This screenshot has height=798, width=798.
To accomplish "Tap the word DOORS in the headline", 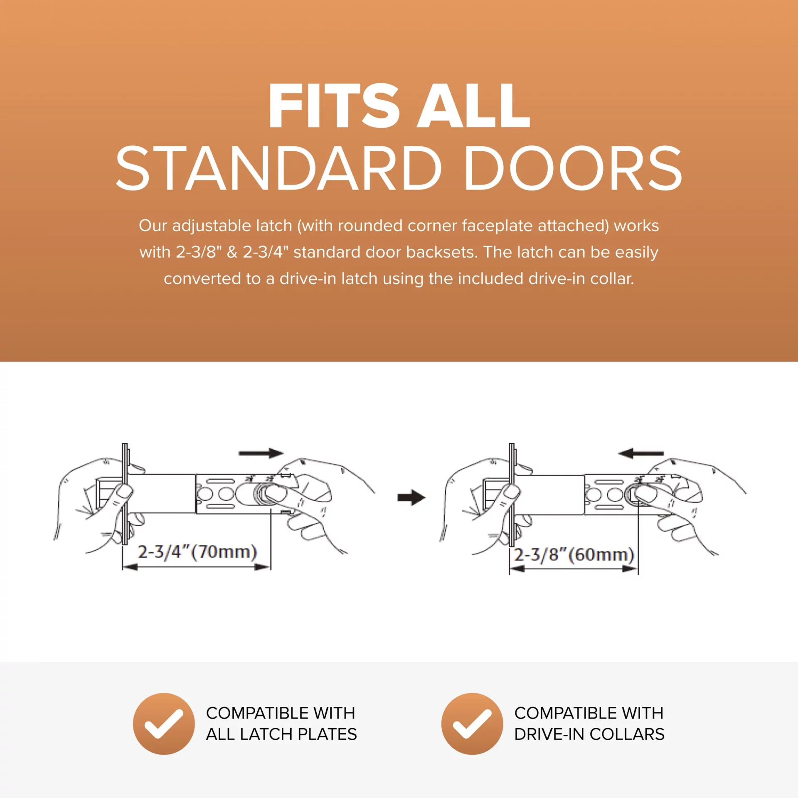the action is coord(573,168).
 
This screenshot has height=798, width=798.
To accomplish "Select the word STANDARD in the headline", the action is coord(278,168).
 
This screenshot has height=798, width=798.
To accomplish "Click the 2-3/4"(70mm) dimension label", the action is coord(197,552).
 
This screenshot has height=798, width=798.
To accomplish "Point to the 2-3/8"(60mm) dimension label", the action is coord(574,555).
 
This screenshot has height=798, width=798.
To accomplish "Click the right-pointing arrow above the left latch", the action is coord(261,453).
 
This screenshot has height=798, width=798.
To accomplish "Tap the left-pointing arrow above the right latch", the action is coord(640,453).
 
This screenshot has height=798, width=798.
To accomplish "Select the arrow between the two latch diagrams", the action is coord(411,497).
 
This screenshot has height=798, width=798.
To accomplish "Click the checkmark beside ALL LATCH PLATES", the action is coord(164,724).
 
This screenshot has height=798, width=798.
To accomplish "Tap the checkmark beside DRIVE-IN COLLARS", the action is coord(472,724).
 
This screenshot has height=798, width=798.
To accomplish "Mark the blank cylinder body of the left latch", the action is coord(162,494).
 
